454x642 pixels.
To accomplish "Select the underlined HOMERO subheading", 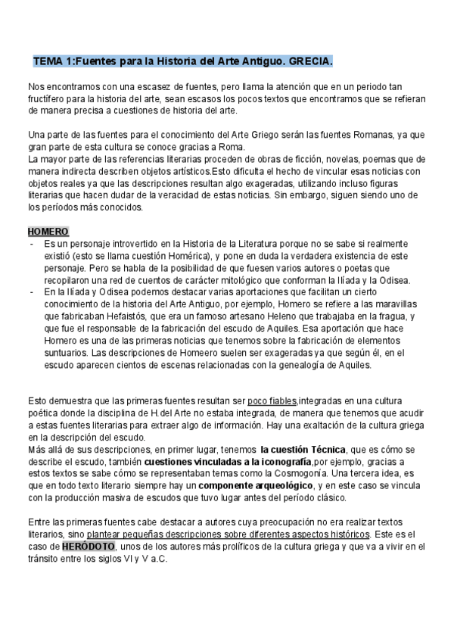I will tap(48, 231).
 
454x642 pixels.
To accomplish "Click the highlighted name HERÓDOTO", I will tap(89, 545).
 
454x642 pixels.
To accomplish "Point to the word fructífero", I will tap(48, 99).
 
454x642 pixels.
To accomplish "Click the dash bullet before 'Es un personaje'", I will tap(31, 245).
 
